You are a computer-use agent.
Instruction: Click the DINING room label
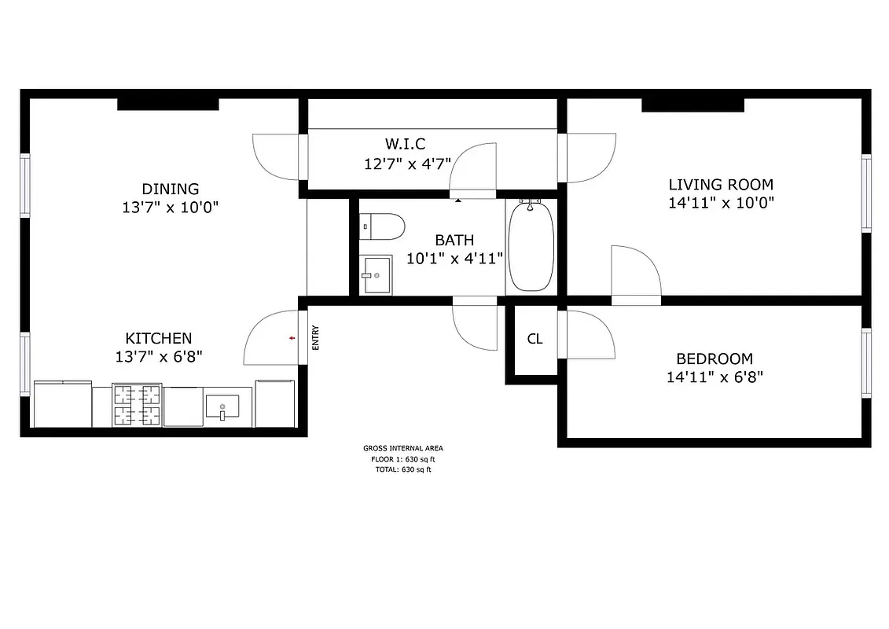pyautogui.click(x=170, y=189)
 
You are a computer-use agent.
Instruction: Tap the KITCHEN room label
pyautogui.click(x=159, y=338)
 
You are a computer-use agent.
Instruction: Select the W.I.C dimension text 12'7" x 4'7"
pyautogui.click(x=406, y=164)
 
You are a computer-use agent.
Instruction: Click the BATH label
pyautogui.click(x=454, y=240)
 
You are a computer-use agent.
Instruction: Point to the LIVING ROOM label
pyautogui.click(x=720, y=185)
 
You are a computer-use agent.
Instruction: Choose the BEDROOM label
pyautogui.click(x=715, y=359)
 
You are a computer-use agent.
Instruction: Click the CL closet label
pyautogui.click(x=535, y=340)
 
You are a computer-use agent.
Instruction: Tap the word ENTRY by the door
pyautogui.click(x=316, y=338)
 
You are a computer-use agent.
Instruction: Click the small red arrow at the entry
pyautogui.click(x=292, y=338)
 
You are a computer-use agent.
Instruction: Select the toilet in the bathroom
pyautogui.click(x=381, y=227)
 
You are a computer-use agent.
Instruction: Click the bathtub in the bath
pyautogui.click(x=531, y=247)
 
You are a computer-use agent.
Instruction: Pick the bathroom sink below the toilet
pyautogui.click(x=376, y=275)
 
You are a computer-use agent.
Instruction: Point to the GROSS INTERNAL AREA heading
pyautogui.click(x=402, y=448)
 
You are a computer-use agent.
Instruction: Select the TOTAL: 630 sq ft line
pyautogui.click(x=402, y=469)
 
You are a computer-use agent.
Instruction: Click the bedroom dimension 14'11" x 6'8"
pyautogui.click(x=715, y=377)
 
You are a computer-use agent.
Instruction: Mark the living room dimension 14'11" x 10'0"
pyautogui.click(x=720, y=203)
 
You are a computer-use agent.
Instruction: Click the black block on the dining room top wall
pyautogui.click(x=167, y=104)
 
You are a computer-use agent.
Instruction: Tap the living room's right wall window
pyautogui.click(x=866, y=193)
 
